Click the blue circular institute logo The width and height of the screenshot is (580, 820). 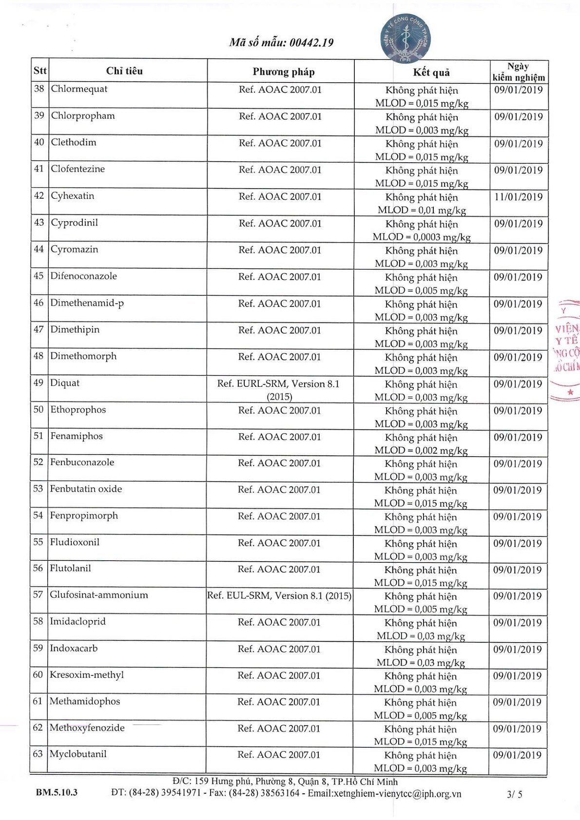405,38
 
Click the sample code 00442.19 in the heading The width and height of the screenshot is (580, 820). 311,43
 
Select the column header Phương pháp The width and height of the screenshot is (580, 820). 283,72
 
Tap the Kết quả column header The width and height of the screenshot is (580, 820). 431,73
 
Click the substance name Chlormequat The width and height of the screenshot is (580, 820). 79,89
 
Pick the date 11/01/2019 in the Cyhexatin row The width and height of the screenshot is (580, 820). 518,197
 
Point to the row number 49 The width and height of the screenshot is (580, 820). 39,383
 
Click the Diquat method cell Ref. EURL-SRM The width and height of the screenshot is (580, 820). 278,384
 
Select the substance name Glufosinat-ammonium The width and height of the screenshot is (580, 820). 99,595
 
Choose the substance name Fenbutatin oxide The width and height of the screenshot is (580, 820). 86,489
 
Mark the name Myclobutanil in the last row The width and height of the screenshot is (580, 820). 78,754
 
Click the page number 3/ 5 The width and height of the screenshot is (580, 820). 514,794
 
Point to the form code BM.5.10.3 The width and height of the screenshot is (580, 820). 57,792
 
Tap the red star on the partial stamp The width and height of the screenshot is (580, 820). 570,392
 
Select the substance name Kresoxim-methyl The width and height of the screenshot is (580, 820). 87,675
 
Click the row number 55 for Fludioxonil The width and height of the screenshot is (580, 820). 38,542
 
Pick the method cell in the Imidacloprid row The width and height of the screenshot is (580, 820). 279,622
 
